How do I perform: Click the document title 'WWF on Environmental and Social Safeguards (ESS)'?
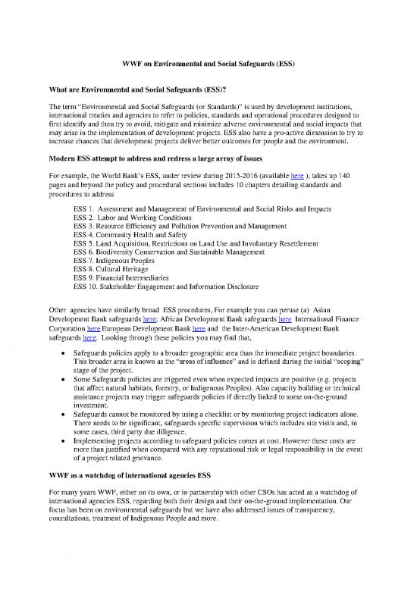(x=208, y=67)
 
